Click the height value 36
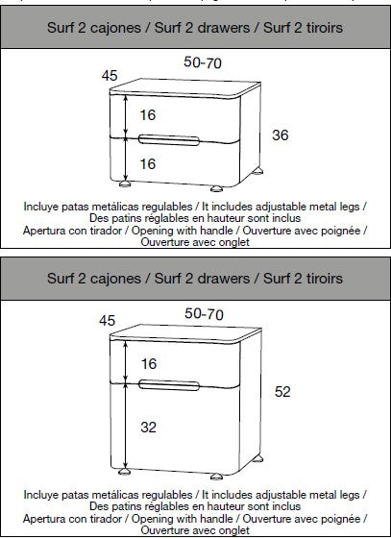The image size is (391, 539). pyautogui.click(x=280, y=135)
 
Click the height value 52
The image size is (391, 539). pyautogui.click(x=282, y=392)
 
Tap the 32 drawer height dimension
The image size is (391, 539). pyautogui.click(x=149, y=427)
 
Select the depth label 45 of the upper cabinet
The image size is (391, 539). pyautogui.click(x=110, y=76)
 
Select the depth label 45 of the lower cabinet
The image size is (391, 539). pyautogui.click(x=107, y=320)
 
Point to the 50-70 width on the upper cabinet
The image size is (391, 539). pyautogui.click(x=203, y=62)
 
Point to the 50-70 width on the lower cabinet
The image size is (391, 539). pyautogui.click(x=204, y=314)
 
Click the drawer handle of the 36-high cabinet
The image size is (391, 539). pyautogui.click(x=169, y=139)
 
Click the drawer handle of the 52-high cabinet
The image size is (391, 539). pyautogui.click(x=169, y=385)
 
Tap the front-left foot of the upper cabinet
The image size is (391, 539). pyautogui.click(x=125, y=184)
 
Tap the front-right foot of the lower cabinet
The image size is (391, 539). pyautogui.click(x=216, y=477)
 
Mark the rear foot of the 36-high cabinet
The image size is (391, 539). pyautogui.click(x=257, y=171)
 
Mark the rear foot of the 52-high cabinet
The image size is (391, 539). pyautogui.click(x=257, y=458)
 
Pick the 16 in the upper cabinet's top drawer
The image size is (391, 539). pyautogui.click(x=148, y=114)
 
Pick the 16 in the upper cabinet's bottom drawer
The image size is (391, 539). pyautogui.click(x=148, y=163)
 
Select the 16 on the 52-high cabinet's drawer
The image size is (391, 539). pyautogui.click(x=149, y=364)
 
